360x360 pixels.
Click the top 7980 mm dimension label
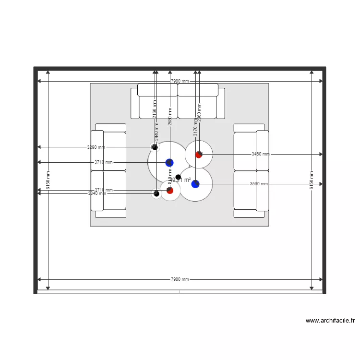coord(180,81)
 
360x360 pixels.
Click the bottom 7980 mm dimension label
coord(180,279)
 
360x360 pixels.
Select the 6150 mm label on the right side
coord(312,180)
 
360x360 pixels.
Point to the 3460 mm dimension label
coord(261,154)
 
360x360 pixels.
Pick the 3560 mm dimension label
coord(259,184)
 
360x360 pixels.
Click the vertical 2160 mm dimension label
coord(155,109)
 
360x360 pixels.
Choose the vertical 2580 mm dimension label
coord(170,117)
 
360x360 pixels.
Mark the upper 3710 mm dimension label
coord(104,162)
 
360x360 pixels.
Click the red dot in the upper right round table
coord(199,155)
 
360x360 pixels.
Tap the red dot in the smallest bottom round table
coord(170,191)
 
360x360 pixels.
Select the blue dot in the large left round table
coord(169,163)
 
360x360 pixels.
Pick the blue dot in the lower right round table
coord(195,184)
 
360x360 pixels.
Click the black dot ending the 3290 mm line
coord(155,147)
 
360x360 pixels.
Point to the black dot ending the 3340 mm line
coord(156,193)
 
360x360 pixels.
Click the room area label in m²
coord(181,180)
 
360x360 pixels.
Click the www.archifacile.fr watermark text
coord(330,321)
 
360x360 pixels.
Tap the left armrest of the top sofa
coord(135,103)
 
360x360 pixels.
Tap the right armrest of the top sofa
coord(221,103)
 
